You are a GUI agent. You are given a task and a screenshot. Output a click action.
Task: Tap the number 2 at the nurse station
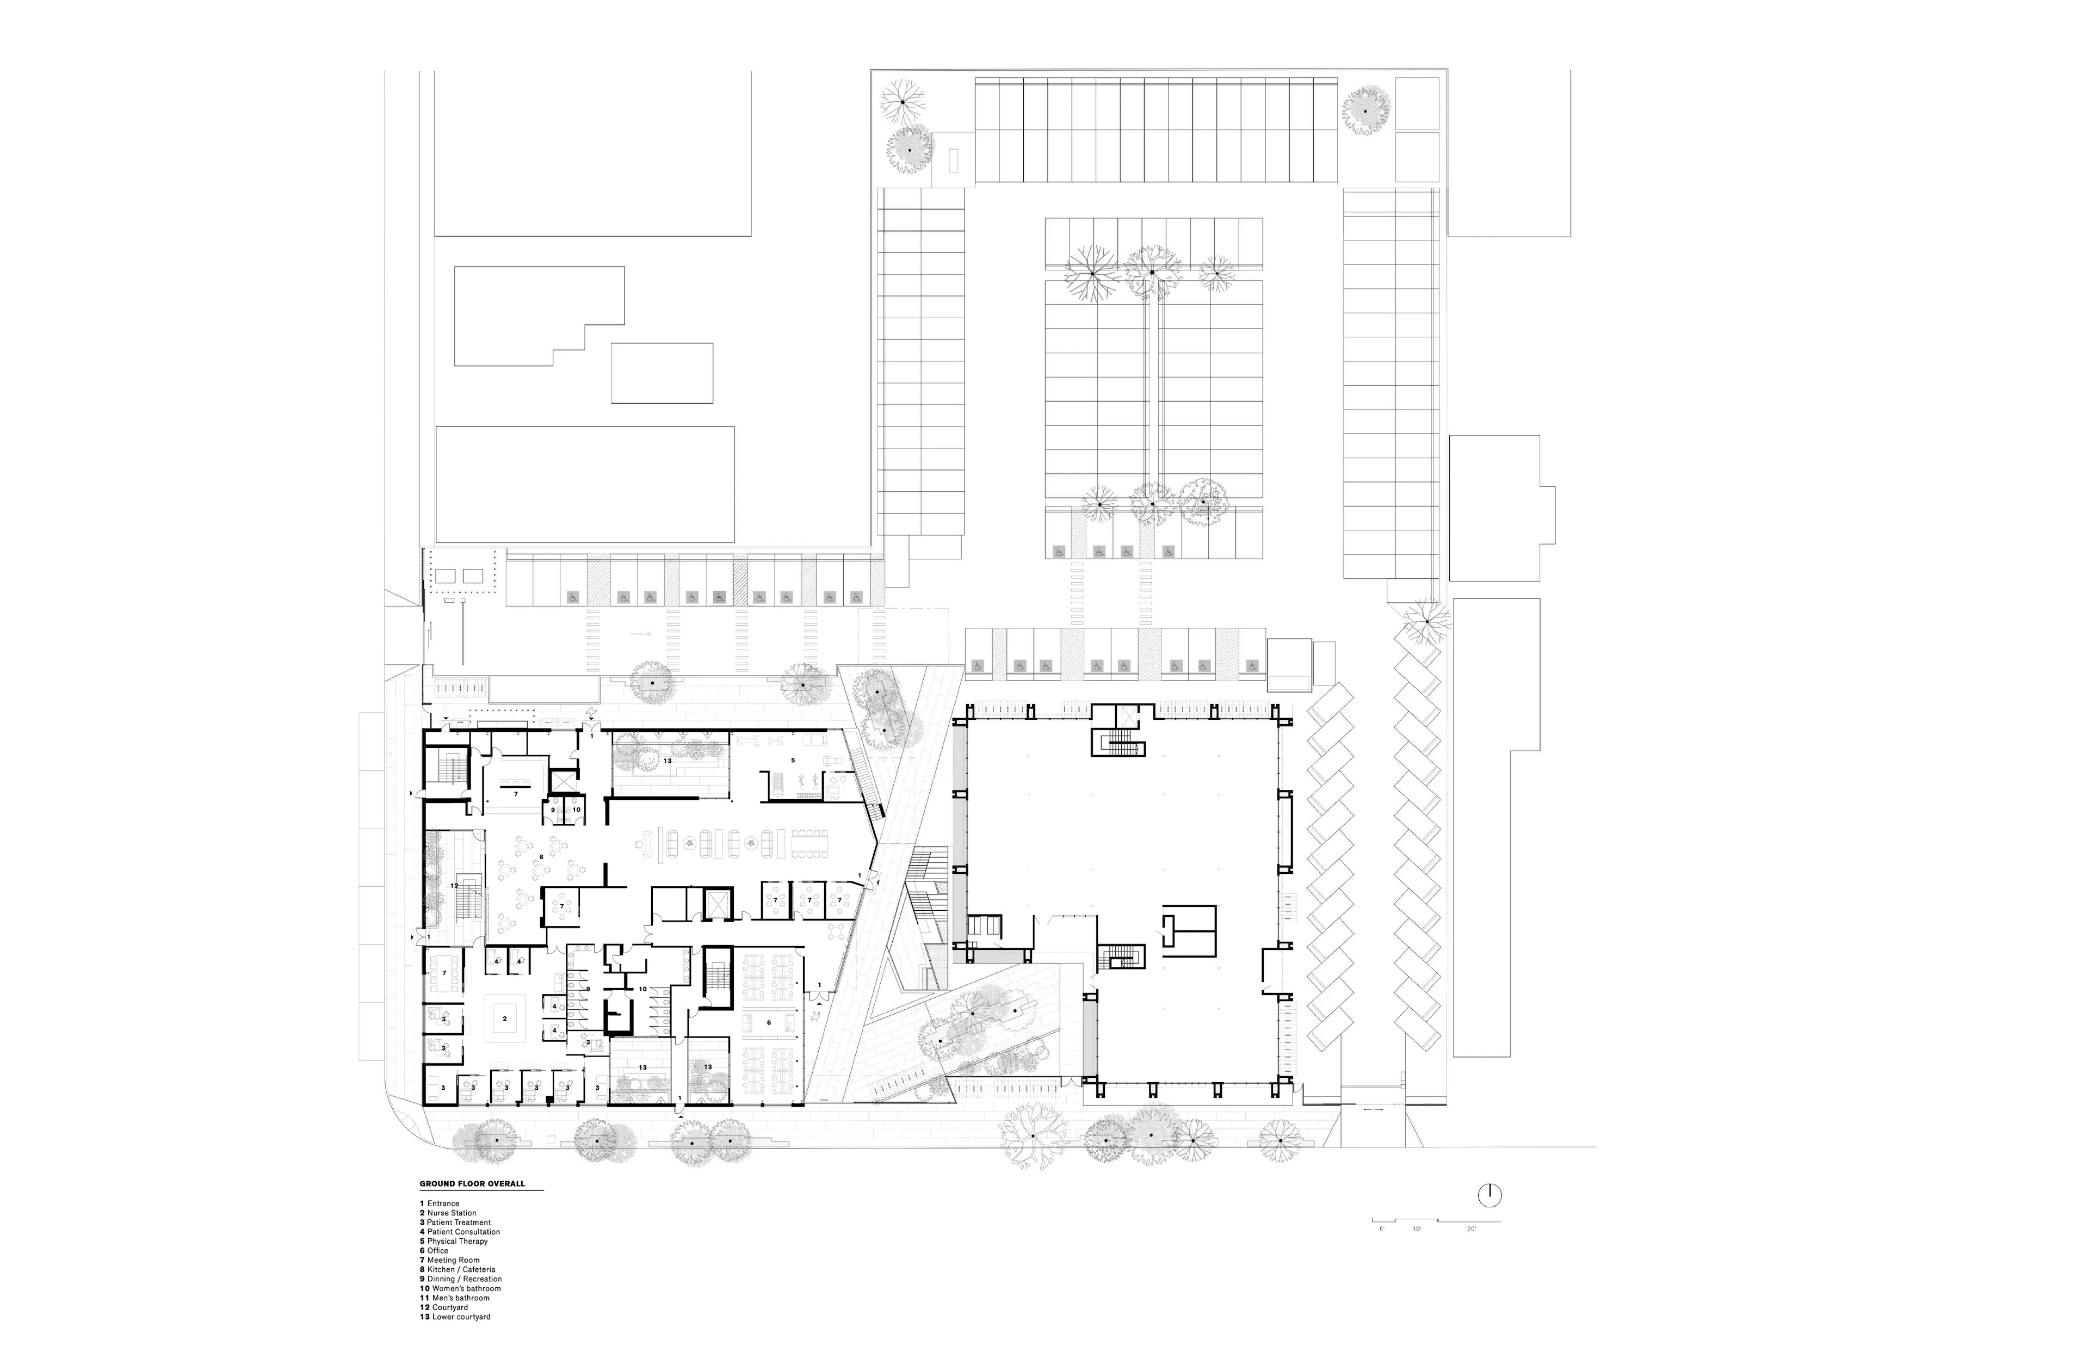click(505, 1018)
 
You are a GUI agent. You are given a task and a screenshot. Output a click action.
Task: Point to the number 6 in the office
click(769, 1023)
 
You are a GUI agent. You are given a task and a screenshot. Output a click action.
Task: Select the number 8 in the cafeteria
click(541, 856)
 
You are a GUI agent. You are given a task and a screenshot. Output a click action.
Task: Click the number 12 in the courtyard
click(455, 886)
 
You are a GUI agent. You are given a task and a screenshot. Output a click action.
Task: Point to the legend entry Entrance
click(442, 1203)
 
